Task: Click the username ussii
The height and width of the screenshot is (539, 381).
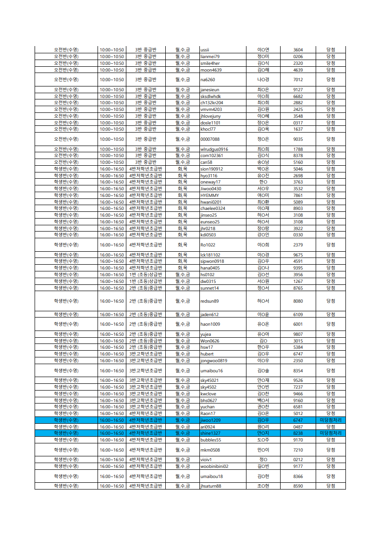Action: (x=205, y=50)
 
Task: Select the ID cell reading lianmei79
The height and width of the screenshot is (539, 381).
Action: (x=210, y=57)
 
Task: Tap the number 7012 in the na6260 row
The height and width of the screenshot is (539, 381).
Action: (x=298, y=80)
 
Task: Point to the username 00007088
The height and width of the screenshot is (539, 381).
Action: (x=210, y=139)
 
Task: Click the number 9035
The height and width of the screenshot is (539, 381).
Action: (x=298, y=139)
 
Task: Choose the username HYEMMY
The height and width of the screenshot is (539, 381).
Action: (x=209, y=196)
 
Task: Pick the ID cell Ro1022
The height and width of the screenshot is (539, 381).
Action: (x=208, y=245)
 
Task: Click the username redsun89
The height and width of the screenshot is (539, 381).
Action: (x=209, y=301)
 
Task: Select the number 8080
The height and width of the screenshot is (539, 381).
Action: (x=298, y=301)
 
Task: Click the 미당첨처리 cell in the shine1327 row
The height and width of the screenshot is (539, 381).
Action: (x=331, y=433)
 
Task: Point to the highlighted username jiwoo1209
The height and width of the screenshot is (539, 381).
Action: (x=210, y=420)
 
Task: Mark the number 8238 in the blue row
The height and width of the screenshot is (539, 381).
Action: (x=298, y=433)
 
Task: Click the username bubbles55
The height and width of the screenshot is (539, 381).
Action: (x=211, y=440)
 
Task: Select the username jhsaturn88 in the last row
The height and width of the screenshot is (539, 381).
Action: (x=211, y=486)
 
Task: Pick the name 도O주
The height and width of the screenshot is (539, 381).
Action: (x=263, y=440)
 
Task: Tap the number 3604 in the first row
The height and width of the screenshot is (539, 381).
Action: (x=298, y=50)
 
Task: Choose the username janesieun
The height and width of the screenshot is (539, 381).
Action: (x=210, y=90)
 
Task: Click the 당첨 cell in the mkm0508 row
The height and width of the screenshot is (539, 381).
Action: (x=331, y=450)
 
